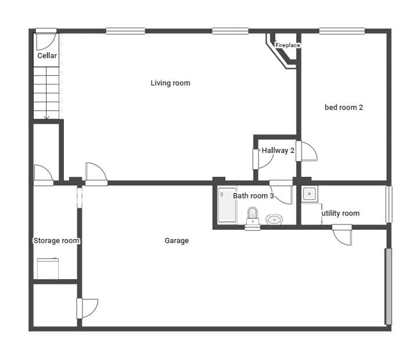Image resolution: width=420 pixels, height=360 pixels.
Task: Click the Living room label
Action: [x=170, y=83]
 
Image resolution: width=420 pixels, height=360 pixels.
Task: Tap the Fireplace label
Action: [x=287, y=45]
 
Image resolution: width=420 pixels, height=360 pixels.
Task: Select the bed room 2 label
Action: [x=344, y=107]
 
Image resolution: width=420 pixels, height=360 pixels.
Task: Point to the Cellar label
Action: [x=47, y=56]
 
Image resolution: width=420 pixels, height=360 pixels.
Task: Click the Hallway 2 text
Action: [x=278, y=151]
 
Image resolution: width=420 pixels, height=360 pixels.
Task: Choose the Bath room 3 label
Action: [x=253, y=196]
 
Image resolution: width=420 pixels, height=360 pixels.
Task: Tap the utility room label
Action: [x=341, y=213]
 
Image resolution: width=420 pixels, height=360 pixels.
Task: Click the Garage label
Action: [x=177, y=241]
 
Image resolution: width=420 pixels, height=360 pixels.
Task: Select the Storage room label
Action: [x=56, y=241]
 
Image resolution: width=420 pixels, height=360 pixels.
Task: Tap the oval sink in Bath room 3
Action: [x=274, y=219]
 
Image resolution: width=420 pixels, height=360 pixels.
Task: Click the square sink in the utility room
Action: [x=310, y=194]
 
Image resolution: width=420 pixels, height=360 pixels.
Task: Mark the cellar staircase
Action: [x=46, y=92]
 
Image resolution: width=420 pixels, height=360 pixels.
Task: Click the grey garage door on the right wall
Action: [x=389, y=286]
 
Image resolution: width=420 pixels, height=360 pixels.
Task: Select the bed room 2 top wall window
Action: [x=342, y=31]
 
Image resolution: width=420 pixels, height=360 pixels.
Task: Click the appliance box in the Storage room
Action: [x=48, y=269]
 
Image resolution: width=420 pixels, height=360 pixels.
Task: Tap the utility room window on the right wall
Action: [x=389, y=204]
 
